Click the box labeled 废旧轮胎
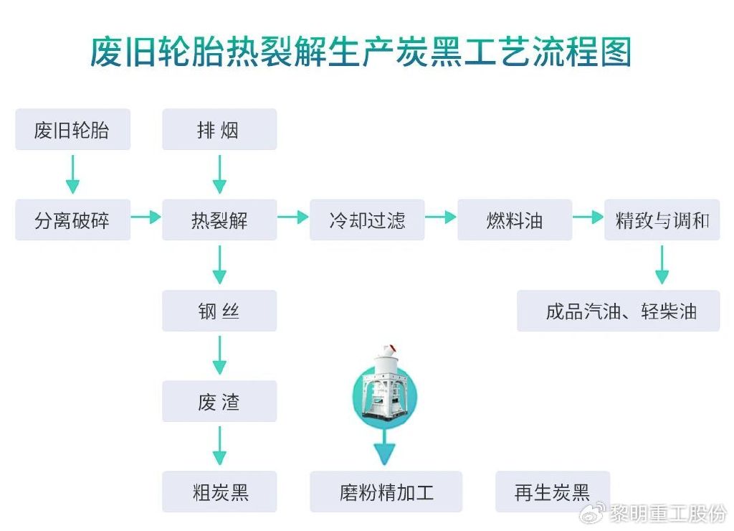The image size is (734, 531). (x=72, y=130)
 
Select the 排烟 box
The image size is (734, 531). (x=219, y=130)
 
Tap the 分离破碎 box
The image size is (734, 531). (x=72, y=220)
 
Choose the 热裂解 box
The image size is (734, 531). (x=219, y=220)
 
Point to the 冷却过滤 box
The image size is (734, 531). (x=367, y=220)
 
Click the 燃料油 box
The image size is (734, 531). (x=515, y=220)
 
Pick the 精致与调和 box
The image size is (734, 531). (x=662, y=220)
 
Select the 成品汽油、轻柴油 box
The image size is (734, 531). (x=619, y=311)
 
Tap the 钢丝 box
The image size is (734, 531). (x=219, y=311)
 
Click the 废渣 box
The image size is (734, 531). (x=219, y=402)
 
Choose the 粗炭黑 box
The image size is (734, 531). (x=219, y=492)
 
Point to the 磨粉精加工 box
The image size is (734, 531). (x=386, y=492)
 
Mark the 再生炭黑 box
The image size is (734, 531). (x=553, y=492)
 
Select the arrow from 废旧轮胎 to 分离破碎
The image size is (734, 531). (x=72, y=175)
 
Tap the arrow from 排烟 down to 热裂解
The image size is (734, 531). (x=219, y=175)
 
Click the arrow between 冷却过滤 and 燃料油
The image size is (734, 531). (x=441, y=217)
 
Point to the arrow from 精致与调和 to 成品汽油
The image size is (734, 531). (x=662, y=265)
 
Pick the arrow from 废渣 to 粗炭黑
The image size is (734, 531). (x=219, y=446)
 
